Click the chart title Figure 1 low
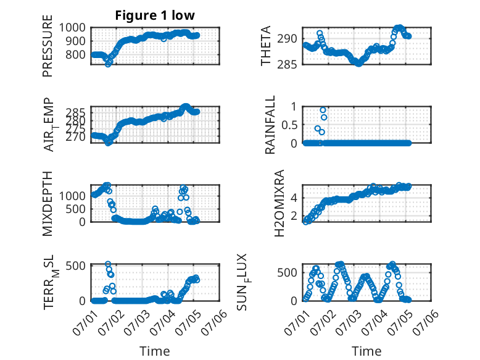[x=155, y=15]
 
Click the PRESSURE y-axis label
[x=48, y=46]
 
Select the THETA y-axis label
[x=266, y=46]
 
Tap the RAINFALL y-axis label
[x=270, y=125]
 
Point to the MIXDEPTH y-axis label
[x=48, y=203]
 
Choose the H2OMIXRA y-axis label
[x=279, y=203]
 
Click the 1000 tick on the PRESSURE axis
[x=72, y=28]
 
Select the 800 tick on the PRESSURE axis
[x=75, y=54]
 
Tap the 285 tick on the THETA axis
[x=287, y=65]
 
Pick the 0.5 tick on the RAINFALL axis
[x=289, y=125]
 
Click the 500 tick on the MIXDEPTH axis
[x=75, y=209]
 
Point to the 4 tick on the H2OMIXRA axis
[x=294, y=198]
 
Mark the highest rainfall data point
[x=323, y=110]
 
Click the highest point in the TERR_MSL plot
[x=108, y=264]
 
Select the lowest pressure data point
[x=108, y=64]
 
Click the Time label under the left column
[x=155, y=351]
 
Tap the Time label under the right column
[x=366, y=351]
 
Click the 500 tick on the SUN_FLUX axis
[x=287, y=273]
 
